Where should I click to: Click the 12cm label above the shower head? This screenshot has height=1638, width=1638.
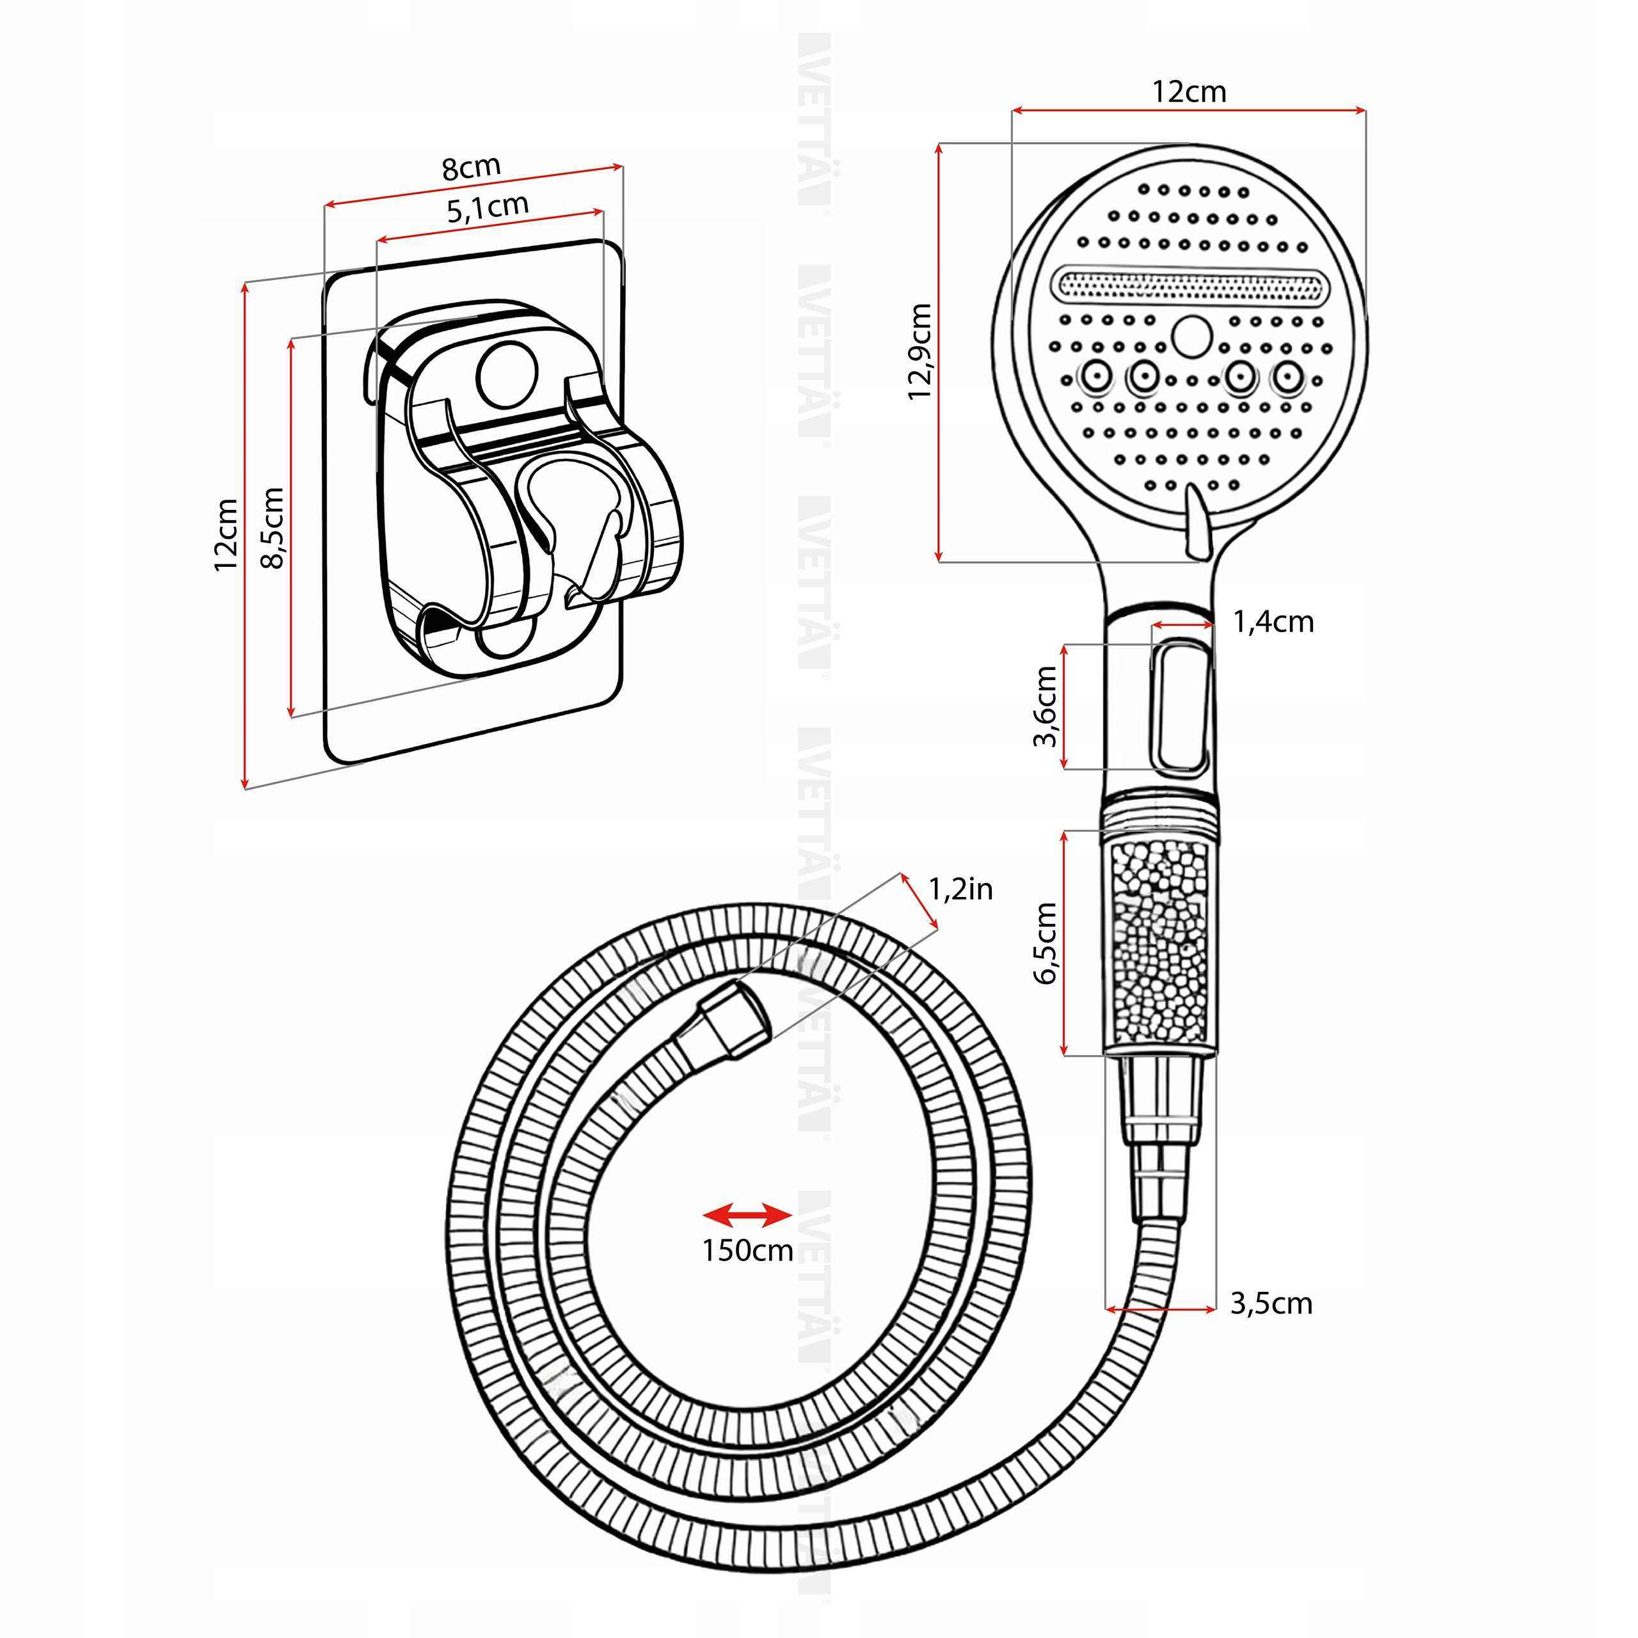click(x=1189, y=91)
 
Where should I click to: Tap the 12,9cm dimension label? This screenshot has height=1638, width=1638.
click(x=920, y=351)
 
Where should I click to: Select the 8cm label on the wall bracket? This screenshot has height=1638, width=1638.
click(x=472, y=168)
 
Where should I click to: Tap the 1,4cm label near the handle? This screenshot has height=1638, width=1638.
click(x=1273, y=623)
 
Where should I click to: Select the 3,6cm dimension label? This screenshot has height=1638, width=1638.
click(x=1046, y=706)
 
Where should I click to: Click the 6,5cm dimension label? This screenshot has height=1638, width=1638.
click(x=1046, y=942)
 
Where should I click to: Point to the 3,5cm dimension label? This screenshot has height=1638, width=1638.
click(x=1271, y=1303)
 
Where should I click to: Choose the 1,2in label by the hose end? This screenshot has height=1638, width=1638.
click(x=960, y=889)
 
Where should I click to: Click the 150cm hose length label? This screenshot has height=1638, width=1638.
click(x=747, y=1250)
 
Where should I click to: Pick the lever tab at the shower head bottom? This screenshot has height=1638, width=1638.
click(x=1197, y=523)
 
